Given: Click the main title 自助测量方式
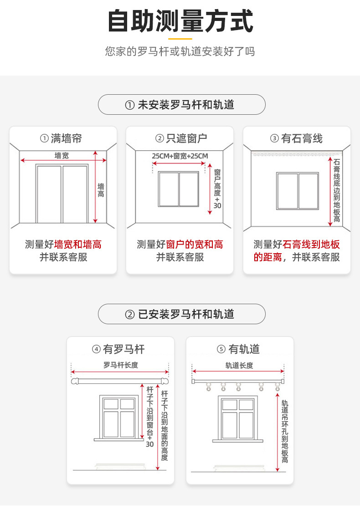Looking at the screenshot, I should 180,21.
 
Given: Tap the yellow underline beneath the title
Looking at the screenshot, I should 180,39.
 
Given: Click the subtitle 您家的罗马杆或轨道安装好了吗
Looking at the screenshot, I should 180,51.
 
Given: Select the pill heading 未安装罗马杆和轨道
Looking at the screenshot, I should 181,105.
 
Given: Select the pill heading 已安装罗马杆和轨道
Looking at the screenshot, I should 181,314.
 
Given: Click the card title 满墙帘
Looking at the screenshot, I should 63,138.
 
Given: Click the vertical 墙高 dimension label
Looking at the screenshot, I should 101,190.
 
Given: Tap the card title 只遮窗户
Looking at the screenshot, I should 180,138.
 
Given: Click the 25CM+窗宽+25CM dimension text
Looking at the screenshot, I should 180,156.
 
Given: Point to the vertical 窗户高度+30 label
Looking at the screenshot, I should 217,189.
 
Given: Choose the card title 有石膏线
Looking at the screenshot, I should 297,138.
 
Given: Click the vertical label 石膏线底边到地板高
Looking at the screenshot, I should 336,190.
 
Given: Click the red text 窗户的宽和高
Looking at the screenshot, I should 195,245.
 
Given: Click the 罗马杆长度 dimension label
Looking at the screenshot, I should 120,365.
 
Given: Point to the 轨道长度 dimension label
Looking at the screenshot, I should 239,365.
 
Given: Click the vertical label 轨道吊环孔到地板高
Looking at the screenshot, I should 284,431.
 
